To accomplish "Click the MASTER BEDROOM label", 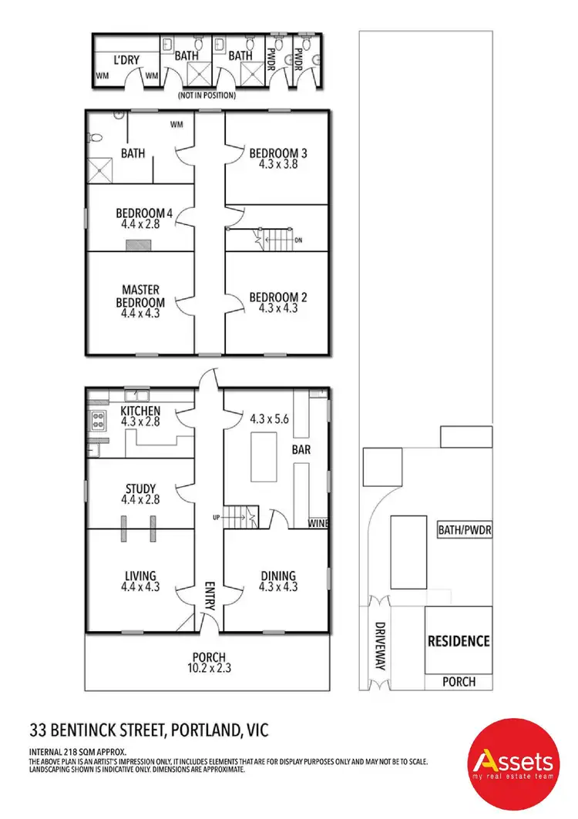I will pyautogui.click(x=139, y=297).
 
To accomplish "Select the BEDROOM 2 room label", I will pyautogui.click(x=273, y=297).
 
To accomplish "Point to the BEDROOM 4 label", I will pyautogui.click(x=139, y=213).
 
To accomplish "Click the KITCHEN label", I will pyautogui.click(x=140, y=411).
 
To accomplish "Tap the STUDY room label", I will pyautogui.click(x=140, y=488).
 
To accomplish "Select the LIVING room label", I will pyautogui.click(x=139, y=576).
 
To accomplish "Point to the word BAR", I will pyautogui.click(x=300, y=448).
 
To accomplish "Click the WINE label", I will pyautogui.click(x=319, y=524).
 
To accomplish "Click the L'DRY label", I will pyautogui.click(x=126, y=59).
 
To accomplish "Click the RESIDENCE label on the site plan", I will pyautogui.click(x=459, y=640).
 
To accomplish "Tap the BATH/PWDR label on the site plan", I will pyautogui.click(x=464, y=530).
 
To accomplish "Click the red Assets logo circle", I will pyautogui.click(x=513, y=762).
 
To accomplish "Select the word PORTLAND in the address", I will pyautogui.click(x=203, y=727).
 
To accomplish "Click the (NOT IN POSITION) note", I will pyautogui.click(x=206, y=96).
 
